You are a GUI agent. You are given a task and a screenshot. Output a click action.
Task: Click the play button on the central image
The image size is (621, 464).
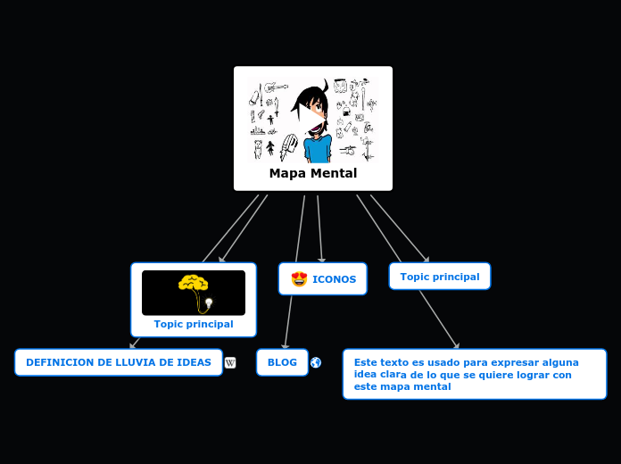(312, 120)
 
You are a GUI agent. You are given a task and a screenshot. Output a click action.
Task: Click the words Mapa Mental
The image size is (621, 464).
(312, 173)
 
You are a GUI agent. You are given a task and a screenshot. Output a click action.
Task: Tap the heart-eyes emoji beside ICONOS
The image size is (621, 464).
(299, 279)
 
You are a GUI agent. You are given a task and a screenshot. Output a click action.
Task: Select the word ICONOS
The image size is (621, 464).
(334, 279)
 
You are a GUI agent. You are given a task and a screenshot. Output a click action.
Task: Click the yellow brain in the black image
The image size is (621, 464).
(193, 284)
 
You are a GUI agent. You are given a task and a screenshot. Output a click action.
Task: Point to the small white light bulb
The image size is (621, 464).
(209, 303)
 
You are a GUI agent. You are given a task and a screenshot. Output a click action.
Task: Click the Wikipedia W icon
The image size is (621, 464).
(230, 362)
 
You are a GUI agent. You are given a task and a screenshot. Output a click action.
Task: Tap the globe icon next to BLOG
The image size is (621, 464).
(316, 362)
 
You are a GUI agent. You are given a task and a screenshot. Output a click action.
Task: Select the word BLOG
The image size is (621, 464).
(282, 362)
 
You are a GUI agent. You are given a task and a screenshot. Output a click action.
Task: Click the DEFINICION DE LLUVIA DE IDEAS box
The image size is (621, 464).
(119, 362)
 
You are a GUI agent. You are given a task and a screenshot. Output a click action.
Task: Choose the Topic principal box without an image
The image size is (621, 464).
(439, 277)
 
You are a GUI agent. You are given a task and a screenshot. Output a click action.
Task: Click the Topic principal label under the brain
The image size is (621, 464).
(194, 324)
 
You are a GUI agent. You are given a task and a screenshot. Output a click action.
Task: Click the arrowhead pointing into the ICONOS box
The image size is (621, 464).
(321, 260)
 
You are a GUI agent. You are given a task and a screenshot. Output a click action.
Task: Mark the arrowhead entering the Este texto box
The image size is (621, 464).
(456, 346)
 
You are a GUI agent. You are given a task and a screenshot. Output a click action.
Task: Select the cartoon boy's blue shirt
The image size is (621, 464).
(316, 149)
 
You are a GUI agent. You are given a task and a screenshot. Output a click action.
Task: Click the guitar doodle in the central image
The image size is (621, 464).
(274, 88)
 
